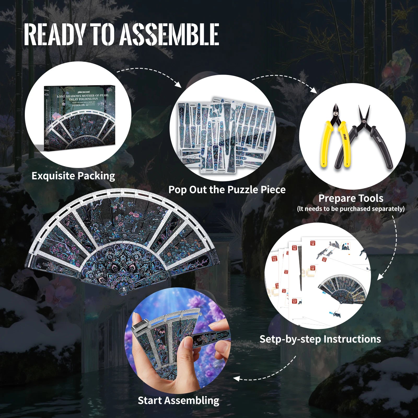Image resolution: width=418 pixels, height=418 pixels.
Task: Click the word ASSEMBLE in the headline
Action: click(x=169, y=34)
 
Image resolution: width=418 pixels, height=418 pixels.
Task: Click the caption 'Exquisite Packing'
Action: click(x=73, y=176)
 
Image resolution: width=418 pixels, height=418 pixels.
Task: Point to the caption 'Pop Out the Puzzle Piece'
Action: click(x=227, y=190)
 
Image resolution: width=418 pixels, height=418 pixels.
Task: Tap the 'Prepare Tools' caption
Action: click(x=351, y=199)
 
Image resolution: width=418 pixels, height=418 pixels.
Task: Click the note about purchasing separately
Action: click(x=351, y=209)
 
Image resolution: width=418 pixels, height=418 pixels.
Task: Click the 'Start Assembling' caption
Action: click(x=178, y=400)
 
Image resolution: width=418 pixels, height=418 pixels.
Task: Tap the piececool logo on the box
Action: click(x=84, y=92)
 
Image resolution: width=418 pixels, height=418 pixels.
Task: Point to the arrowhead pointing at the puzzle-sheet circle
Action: click(x=178, y=85)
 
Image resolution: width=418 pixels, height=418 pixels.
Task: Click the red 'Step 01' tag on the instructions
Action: click(x=274, y=259)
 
